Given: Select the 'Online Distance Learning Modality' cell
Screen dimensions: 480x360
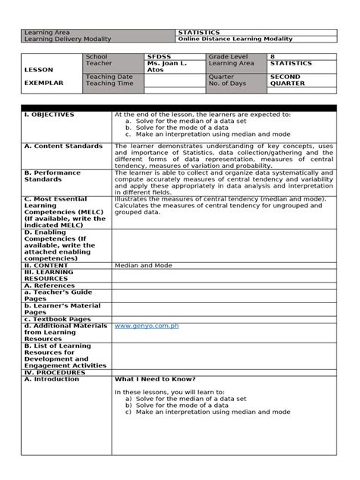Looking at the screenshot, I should (x=235, y=39).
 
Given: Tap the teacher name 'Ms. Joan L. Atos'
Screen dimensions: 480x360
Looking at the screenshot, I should (x=166, y=67).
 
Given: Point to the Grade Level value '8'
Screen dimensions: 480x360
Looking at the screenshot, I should (x=273, y=57).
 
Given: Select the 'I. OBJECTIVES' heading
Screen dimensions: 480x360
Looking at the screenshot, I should (x=49, y=115).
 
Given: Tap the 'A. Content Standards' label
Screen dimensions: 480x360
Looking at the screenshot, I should (x=63, y=146).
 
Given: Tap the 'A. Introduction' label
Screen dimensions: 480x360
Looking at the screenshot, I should (x=52, y=379).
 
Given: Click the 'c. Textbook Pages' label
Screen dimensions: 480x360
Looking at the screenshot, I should (x=58, y=319).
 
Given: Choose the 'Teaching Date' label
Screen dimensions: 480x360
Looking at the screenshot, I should (x=109, y=77).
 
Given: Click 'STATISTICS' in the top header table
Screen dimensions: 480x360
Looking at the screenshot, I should (x=199, y=33).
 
